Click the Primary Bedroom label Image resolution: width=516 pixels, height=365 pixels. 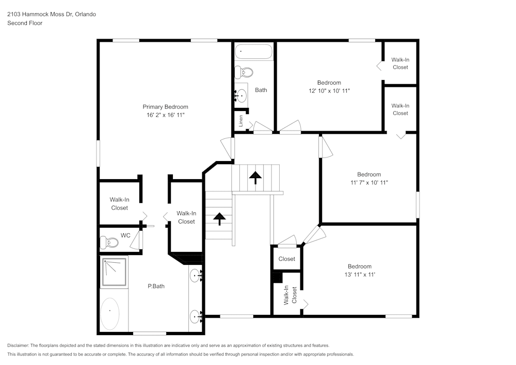(x=165, y=107)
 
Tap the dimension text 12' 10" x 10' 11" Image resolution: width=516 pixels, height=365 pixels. (x=329, y=91)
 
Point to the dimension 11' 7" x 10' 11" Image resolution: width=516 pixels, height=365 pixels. (x=369, y=183)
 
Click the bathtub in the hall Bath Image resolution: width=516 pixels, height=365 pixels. (x=253, y=52)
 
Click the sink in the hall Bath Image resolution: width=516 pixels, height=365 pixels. (x=241, y=94)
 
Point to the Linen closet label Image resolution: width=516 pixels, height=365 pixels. (x=241, y=121)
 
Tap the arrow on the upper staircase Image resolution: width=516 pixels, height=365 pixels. (x=255, y=177)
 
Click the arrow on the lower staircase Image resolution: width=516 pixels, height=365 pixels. (x=219, y=218)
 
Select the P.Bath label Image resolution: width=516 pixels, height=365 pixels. (x=156, y=286)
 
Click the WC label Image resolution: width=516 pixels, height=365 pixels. (x=125, y=235)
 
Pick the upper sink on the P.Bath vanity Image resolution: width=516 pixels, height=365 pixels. (x=196, y=276)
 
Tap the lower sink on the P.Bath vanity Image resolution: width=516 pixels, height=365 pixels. (x=196, y=316)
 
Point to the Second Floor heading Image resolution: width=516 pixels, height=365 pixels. (x=25, y=23)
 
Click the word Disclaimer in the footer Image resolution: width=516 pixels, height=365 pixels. (x=19, y=345)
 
